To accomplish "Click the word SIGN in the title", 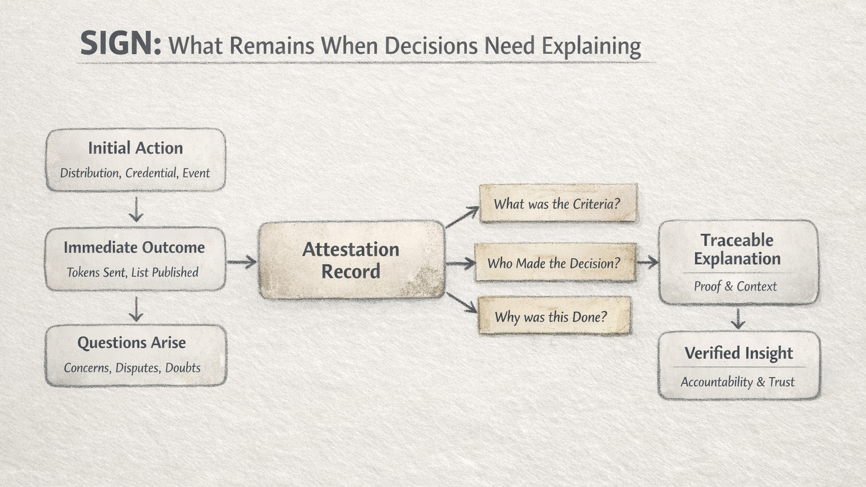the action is [120, 44].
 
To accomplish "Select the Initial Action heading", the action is [135, 148].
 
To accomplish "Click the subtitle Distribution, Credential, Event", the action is [135, 173].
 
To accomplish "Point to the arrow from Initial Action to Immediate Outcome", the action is [136, 209].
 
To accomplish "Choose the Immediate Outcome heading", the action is [134, 247].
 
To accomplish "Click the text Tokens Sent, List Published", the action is [132, 273].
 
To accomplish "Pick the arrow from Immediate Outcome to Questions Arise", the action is [136, 309].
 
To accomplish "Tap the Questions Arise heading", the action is [131, 343].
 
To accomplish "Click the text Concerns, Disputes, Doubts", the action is [132, 368].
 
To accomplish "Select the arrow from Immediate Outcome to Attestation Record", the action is [242, 261].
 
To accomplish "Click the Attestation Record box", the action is [351, 260].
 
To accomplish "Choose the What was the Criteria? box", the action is [558, 204].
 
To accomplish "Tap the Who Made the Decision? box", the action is [554, 263].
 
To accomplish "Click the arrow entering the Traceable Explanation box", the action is [647, 262].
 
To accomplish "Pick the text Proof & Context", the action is [735, 287].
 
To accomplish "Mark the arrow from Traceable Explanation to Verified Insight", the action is [738, 318].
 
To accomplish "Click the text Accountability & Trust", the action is [737, 382].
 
